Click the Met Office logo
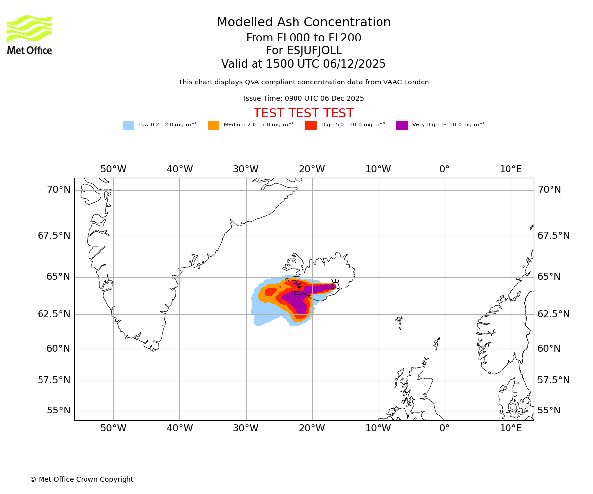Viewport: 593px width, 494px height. tap(30, 35)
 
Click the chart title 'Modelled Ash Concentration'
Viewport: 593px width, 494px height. tap(304, 23)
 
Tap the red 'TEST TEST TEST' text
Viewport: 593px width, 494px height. tap(303, 114)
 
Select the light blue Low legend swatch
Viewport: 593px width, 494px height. tap(128, 125)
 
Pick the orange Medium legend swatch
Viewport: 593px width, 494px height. tap(213, 125)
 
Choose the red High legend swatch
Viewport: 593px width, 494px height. tap(311, 125)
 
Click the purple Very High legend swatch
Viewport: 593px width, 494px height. tap(402, 125)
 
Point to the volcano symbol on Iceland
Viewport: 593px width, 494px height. tap(335, 284)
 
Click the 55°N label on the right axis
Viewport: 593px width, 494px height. tap(549, 411)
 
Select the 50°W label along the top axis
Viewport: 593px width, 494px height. tap(113, 169)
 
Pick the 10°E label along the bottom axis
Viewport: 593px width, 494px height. tap(511, 428)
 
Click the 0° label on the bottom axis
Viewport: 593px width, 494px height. tap(445, 428)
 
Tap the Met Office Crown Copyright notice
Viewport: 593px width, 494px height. tap(82, 480)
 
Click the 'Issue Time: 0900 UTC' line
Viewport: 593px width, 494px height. tap(303, 99)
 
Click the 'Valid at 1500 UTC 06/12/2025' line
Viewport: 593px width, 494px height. tap(303, 64)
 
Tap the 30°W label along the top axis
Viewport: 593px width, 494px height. tap(246, 169)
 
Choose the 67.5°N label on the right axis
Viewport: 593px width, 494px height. tap(553, 236)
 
